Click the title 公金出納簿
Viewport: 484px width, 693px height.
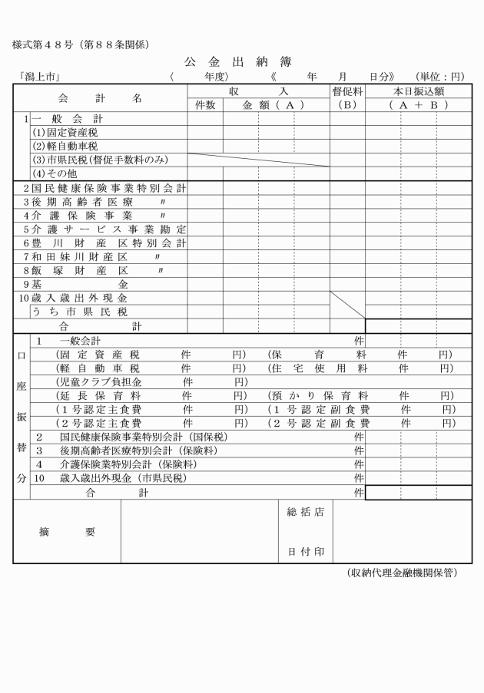[242, 61]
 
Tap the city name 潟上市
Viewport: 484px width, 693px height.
[38, 77]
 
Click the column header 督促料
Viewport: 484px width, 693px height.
[347, 91]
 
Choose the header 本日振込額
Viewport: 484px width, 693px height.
[417, 91]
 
